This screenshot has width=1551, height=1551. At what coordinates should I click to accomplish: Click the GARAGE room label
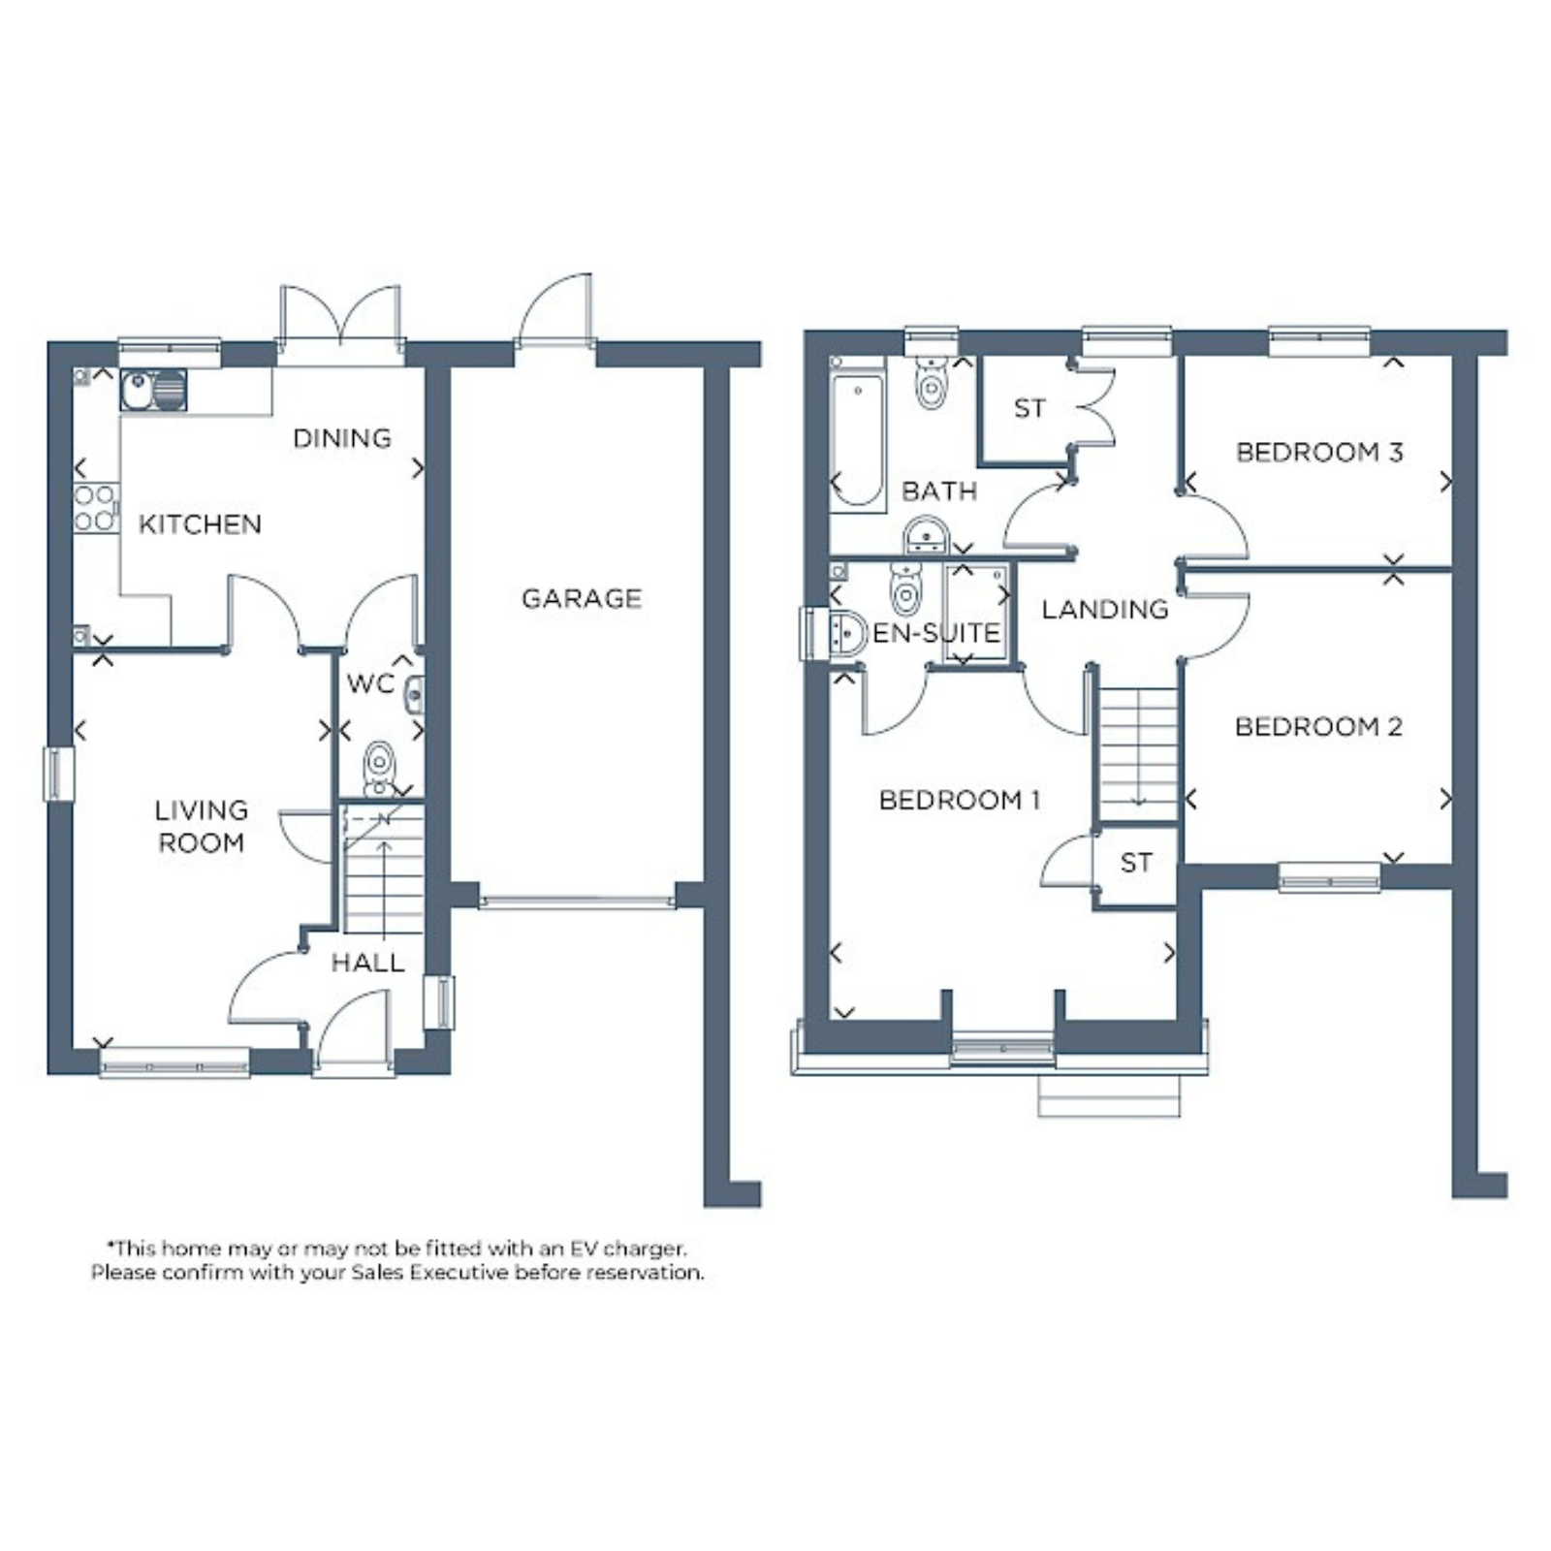(582, 599)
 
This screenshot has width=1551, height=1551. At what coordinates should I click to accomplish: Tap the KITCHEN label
(200, 524)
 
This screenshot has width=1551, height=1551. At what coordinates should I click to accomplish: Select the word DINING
(342, 438)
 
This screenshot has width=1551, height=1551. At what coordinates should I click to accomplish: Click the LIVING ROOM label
(202, 826)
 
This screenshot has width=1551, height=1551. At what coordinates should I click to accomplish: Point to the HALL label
(367, 963)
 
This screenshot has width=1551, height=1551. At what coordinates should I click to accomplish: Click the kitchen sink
(153, 390)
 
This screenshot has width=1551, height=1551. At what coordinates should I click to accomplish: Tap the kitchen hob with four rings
(96, 508)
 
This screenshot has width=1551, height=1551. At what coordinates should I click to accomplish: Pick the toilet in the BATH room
(932, 383)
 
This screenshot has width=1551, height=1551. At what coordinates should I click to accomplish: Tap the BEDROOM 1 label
(960, 801)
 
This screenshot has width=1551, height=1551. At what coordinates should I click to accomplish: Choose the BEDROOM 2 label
(1318, 727)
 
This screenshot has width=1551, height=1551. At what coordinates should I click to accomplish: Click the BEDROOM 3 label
(1319, 453)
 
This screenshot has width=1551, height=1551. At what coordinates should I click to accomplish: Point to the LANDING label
(1105, 610)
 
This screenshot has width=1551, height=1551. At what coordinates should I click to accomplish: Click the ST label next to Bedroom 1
(1136, 863)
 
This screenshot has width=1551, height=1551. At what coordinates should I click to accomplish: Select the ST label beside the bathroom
(1029, 409)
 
